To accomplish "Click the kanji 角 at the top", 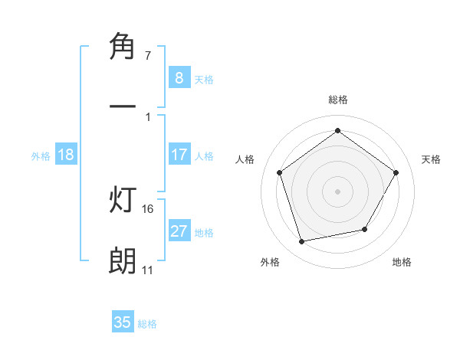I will coord(123,46).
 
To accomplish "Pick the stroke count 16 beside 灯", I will coord(149,208).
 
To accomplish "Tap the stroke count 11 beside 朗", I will coord(147,270).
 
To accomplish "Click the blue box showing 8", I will coord(179,77).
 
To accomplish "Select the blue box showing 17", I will coord(179,155).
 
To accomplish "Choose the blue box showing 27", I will coord(179,231).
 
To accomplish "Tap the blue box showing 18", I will coord(66,155).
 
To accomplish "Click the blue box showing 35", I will coord(123,322).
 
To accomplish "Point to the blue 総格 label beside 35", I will coord(147,324).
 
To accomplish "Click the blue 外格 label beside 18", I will coord(41,156).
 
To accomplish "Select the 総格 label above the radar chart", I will coord(337,100).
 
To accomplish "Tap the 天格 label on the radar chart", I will coord(431,159).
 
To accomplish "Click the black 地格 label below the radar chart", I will coord(402,262).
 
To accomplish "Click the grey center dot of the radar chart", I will coord(337,191).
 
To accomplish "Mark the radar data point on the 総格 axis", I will coord(337,129).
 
